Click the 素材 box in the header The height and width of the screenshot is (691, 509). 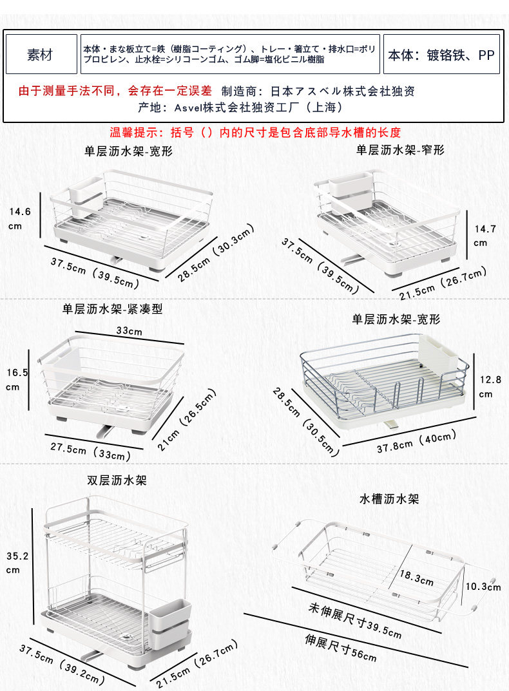40,55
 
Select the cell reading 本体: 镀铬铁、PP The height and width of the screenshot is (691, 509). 441,55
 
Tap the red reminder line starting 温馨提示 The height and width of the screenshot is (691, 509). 255,133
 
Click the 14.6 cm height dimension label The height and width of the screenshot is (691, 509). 20,218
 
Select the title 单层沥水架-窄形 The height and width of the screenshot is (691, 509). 400,149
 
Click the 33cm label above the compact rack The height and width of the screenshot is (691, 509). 129,331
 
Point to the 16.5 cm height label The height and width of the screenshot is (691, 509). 17,379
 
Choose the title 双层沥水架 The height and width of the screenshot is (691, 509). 117,480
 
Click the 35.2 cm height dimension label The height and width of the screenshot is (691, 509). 17,562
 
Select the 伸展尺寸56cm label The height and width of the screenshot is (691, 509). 341,648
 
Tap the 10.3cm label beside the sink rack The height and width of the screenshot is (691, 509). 483,587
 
